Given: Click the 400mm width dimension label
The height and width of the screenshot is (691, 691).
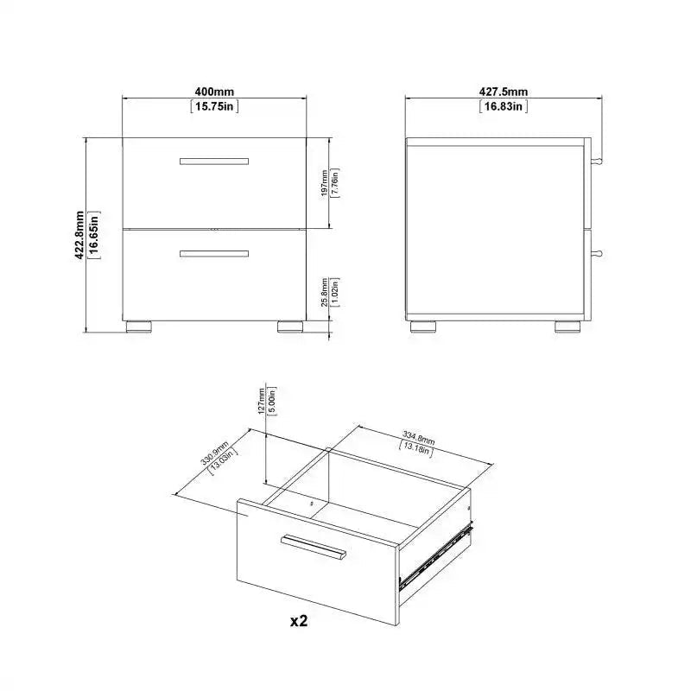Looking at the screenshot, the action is [x=214, y=92].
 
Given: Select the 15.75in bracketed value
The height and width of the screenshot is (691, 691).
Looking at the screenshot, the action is [x=214, y=106].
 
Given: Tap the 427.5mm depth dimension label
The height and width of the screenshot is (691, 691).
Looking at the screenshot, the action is [x=504, y=92].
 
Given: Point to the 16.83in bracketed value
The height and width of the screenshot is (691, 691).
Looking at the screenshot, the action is [x=504, y=106].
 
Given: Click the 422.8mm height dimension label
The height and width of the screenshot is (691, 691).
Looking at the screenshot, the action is [x=79, y=235].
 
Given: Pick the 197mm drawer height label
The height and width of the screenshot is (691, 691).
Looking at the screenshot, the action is [x=325, y=183].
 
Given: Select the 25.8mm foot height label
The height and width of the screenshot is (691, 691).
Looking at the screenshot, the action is [x=325, y=292].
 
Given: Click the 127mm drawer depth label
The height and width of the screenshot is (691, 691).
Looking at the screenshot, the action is [x=262, y=401].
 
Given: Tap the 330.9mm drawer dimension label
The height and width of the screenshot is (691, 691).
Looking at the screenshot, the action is [x=215, y=453].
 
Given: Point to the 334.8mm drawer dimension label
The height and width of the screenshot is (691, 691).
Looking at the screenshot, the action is [x=418, y=438].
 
